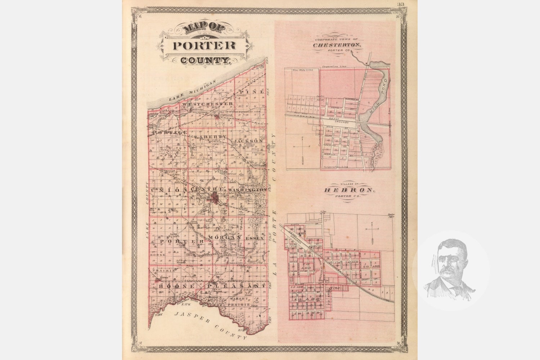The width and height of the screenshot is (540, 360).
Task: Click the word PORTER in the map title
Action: [204, 46]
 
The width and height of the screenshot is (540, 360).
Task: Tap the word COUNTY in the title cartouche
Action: [205, 60]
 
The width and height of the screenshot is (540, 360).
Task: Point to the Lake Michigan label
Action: [193, 91]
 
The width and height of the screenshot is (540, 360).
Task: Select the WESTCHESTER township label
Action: [207, 104]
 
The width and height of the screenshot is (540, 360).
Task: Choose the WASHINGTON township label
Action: [247, 189]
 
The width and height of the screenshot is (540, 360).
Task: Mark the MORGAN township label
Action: [224, 238]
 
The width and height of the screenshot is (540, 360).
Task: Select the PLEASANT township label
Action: [236, 285]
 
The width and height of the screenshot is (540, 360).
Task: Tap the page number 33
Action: [401, 4]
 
